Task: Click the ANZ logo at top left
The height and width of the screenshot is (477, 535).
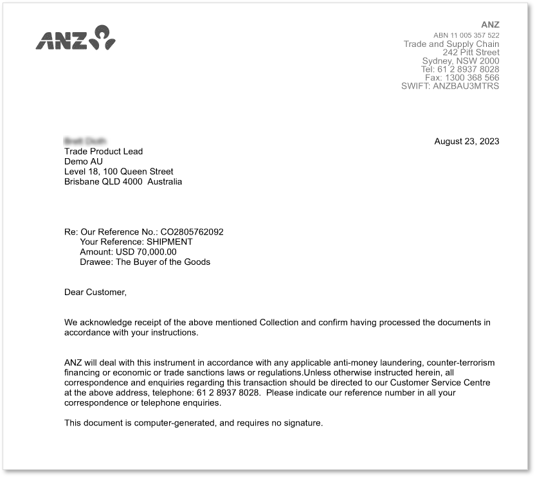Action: tap(75, 38)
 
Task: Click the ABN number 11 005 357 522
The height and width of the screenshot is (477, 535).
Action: tap(466, 35)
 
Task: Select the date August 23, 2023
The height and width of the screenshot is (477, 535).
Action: tap(467, 141)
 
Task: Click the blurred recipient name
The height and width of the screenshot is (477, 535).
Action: tap(86, 141)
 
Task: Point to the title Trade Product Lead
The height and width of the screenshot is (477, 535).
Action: tap(104, 152)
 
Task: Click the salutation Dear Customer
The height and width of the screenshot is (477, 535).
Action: tap(95, 292)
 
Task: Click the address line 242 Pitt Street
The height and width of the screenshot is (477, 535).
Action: tap(471, 53)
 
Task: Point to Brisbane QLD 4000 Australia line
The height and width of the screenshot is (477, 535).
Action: tap(123, 182)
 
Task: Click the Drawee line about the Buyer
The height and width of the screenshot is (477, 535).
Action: tap(145, 262)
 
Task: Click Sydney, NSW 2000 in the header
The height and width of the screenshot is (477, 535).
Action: tap(460, 61)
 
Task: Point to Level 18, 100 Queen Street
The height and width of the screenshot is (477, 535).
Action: tap(118, 172)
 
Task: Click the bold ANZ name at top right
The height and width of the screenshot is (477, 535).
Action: tap(490, 25)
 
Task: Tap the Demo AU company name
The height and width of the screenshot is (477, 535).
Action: tap(83, 161)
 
